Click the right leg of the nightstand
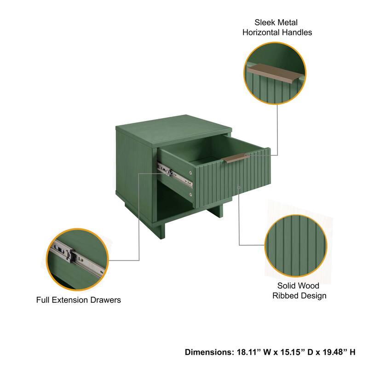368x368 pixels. click(x=217, y=211)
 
